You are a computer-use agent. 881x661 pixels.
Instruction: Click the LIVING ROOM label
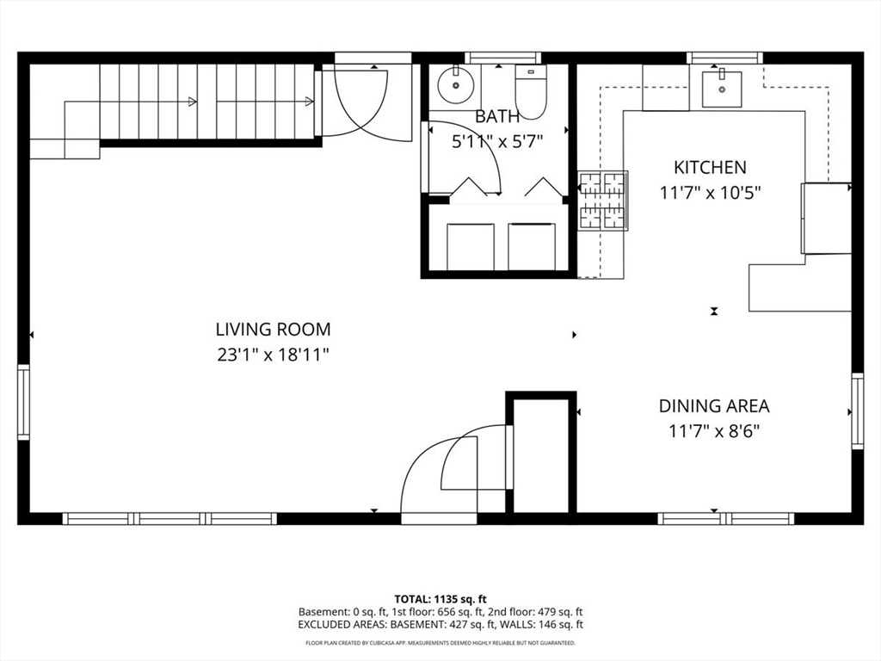[273, 329]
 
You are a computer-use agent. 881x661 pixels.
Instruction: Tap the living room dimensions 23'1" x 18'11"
[273, 353]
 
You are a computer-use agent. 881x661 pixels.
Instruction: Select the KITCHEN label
[710, 168]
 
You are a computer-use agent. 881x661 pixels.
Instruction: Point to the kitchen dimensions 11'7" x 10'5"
[710, 193]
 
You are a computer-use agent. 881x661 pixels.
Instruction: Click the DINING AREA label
[714, 405]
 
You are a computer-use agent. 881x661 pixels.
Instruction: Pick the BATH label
[497, 117]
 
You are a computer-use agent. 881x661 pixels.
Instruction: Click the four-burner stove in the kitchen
[602, 201]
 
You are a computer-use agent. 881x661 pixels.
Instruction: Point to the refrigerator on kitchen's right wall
[826, 219]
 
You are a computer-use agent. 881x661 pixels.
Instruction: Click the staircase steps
[206, 101]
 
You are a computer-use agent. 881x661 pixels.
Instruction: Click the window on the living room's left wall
[23, 402]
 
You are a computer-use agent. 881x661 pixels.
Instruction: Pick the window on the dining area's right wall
[857, 411]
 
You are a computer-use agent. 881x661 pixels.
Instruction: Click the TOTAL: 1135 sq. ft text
[440, 598]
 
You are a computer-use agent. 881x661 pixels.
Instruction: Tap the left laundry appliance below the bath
[471, 246]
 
